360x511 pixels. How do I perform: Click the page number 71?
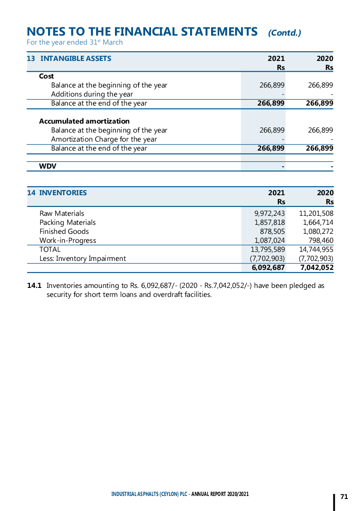(x=344, y=497)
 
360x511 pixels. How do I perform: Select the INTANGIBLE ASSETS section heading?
(x=76, y=59)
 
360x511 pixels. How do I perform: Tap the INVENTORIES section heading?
(x=63, y=193)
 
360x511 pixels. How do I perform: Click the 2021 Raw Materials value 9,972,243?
(x=269, y=214)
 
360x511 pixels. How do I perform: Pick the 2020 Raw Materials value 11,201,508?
(x=316, y=214)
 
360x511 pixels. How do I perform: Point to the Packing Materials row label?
(x=67, y=223)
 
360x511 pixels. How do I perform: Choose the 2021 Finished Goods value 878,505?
(x=272, y=232)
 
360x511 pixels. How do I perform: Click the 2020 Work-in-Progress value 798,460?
(x=321, y=241)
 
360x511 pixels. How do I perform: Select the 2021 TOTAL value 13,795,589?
(x=268, y=250)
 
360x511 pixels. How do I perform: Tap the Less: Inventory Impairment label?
(x=83, y=259)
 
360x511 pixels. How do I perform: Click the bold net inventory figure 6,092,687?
(x=268, y=268)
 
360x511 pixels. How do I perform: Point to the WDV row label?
(x=48, y=166)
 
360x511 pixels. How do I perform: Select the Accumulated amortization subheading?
(x=84, y=121)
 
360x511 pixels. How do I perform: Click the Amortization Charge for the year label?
(x=104, y=139)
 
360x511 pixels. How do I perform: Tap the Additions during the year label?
(x=92, y=94)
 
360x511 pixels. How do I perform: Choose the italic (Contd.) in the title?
(x=284, y=33)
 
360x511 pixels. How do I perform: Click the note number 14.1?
(x=34, y=286)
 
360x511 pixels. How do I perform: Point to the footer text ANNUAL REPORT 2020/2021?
(x=220, y=494)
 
